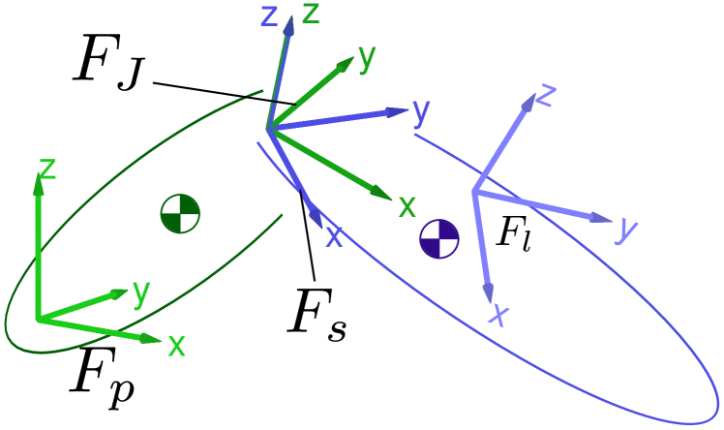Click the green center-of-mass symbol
click(180, 213)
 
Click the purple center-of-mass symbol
click(439, 238)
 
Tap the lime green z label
click(46, 169)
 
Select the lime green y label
click(141, 292)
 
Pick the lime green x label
click(176, 345)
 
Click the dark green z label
click(311, 14)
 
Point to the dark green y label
click(366, 57)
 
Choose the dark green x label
click(407, 205)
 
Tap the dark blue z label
click(270, 15)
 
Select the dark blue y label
click(420, 111)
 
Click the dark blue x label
click(334, 236)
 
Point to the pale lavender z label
click(546, 95)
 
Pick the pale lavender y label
click(627, 229)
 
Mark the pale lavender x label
click(499, 314)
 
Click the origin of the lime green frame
click(38, 319)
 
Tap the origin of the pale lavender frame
click(473, 192)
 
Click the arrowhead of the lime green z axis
click(39, 181)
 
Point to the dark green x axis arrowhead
click(383, 196)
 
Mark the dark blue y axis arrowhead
click(401, 111)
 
